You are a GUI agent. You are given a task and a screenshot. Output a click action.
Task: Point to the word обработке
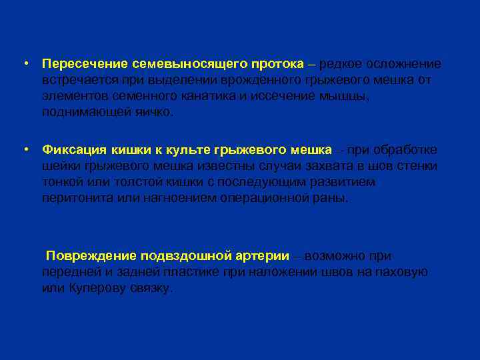tap(403, 150)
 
